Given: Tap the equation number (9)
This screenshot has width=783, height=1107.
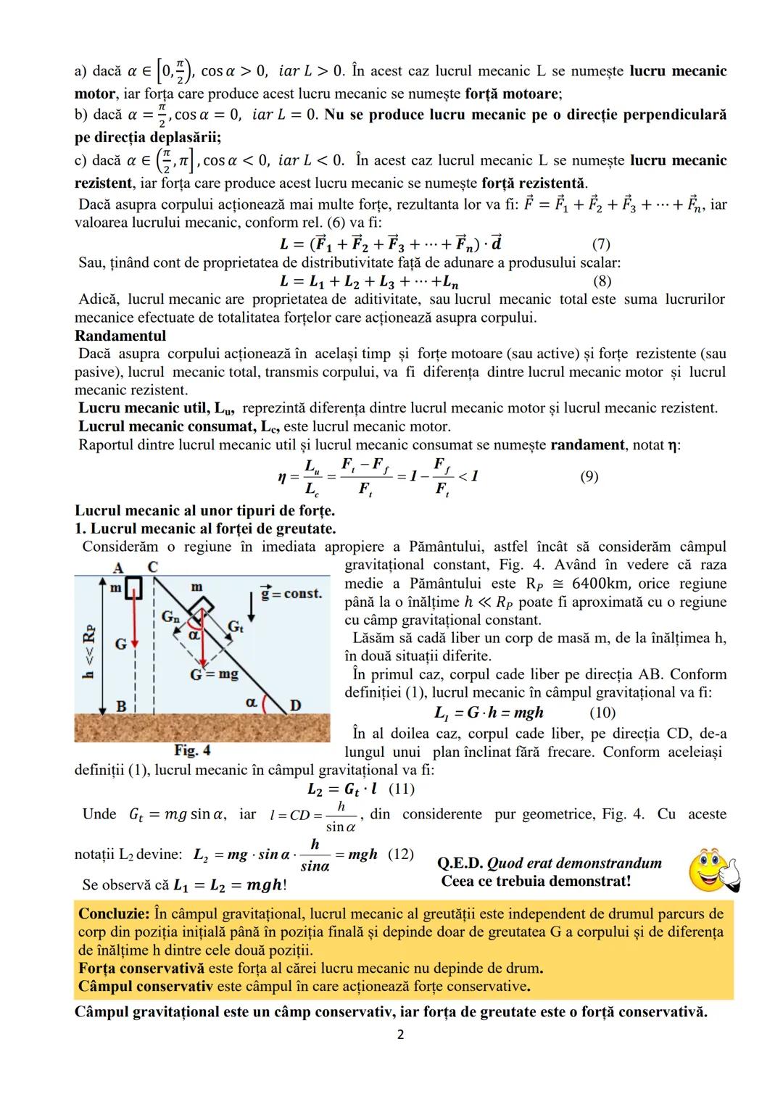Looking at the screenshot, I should (589, 476).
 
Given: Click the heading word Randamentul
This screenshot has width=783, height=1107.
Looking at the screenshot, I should (120, 336).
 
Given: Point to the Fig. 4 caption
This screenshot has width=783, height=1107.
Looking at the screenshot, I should (192, 750).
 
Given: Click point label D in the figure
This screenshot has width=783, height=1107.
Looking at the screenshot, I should (296, 705).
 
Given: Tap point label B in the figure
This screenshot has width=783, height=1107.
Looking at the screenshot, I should (121, 705).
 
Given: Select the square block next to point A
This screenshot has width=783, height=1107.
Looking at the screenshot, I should (133, 589).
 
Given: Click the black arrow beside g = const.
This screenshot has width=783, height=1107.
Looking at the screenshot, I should (252, 607).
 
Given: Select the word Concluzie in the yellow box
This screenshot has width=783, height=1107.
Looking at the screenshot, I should (114, 913).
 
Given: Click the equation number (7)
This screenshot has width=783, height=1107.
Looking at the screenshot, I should (601, 244).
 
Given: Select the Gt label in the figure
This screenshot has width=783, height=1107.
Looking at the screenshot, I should (236, 626).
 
